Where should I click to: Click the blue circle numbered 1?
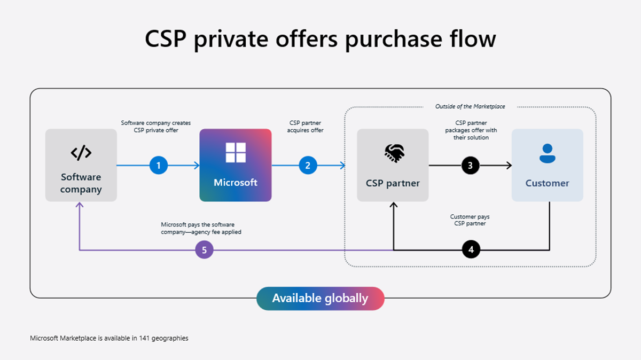[x=159, y=166]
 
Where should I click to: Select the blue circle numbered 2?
[x=308, y=166]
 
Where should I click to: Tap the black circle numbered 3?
[x=470, y=166]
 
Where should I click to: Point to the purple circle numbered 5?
[x=204, y=249]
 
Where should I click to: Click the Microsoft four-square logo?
[x=236, y=153]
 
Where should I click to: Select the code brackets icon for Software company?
[x=81, y=153]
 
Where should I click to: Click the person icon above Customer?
[x=547, y=153]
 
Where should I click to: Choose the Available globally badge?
[x=320, y=298]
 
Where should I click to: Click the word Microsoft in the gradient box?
[x=236, y=183]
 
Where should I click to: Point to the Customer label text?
[x=547, y=183]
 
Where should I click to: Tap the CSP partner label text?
[x=393, y=183]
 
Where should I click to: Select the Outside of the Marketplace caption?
[x=470, y=107]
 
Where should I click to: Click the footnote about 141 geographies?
[x=109, y=338]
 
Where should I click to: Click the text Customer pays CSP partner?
[x=470, y=220]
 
